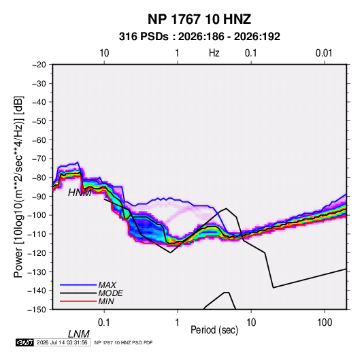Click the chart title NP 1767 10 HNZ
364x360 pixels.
tap(199, 19)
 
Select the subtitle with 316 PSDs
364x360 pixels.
tap(199, 37)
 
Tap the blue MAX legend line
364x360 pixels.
tap(78, 284)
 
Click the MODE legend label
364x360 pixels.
tap(110, 293)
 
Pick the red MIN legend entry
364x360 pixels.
tap(78, 301)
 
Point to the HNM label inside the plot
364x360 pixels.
tap(80, 193)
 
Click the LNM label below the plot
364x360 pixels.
tap(78, 334)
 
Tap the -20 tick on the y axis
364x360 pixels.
tap(39, 65)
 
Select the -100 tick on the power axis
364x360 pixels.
tap(37, 215)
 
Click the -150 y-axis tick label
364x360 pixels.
tap(37, 310)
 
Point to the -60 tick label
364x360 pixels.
tap(39, 140)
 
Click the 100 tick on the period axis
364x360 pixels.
tap(325, 323)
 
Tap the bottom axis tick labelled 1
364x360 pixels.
tap(178, 323)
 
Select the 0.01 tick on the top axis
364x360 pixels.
tap(324, 53)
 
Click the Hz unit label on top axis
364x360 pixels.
tap(214, 53)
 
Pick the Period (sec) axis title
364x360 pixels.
tap(214, 330)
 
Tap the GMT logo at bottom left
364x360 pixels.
tap(25, 342)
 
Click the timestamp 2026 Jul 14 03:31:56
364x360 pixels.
tap(62, 342)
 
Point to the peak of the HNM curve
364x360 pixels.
tap(227, 208)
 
